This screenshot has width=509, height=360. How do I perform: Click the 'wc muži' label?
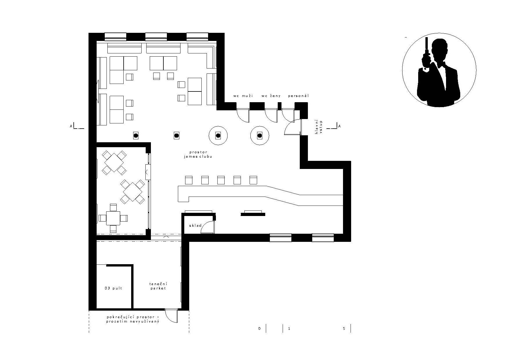[243, 96]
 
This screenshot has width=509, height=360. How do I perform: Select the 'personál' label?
[298, 96]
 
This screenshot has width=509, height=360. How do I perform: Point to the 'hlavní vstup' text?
[319, 127]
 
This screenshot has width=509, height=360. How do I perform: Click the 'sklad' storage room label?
[195, 226]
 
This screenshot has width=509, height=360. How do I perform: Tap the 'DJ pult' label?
[113, 288]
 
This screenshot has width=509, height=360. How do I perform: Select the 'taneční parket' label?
[158, 286]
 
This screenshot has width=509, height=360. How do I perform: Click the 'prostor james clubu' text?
[201, 154]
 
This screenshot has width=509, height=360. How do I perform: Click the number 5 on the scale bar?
[344, 329]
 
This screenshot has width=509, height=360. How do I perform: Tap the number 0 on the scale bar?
[259, 329]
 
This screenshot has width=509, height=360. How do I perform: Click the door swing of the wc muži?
[243, 116]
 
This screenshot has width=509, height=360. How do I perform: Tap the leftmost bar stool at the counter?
[189, 180]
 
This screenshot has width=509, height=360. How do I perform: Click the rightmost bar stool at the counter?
[254, 180]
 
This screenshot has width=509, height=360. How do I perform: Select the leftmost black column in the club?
[136, 135]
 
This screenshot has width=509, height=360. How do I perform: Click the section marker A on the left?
[71, 126]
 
